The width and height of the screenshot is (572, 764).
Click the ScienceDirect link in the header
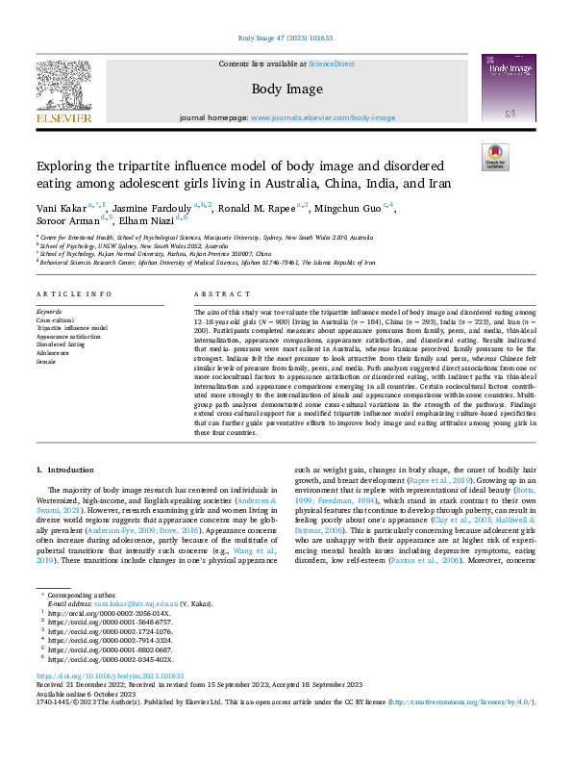click(331, 64)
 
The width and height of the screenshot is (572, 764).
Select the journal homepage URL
click(322, 117)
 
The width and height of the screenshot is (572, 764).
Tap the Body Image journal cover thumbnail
click(508, 89)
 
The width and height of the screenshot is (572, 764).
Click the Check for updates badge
click(494, 157)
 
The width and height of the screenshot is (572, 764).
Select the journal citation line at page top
click(286, 38)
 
